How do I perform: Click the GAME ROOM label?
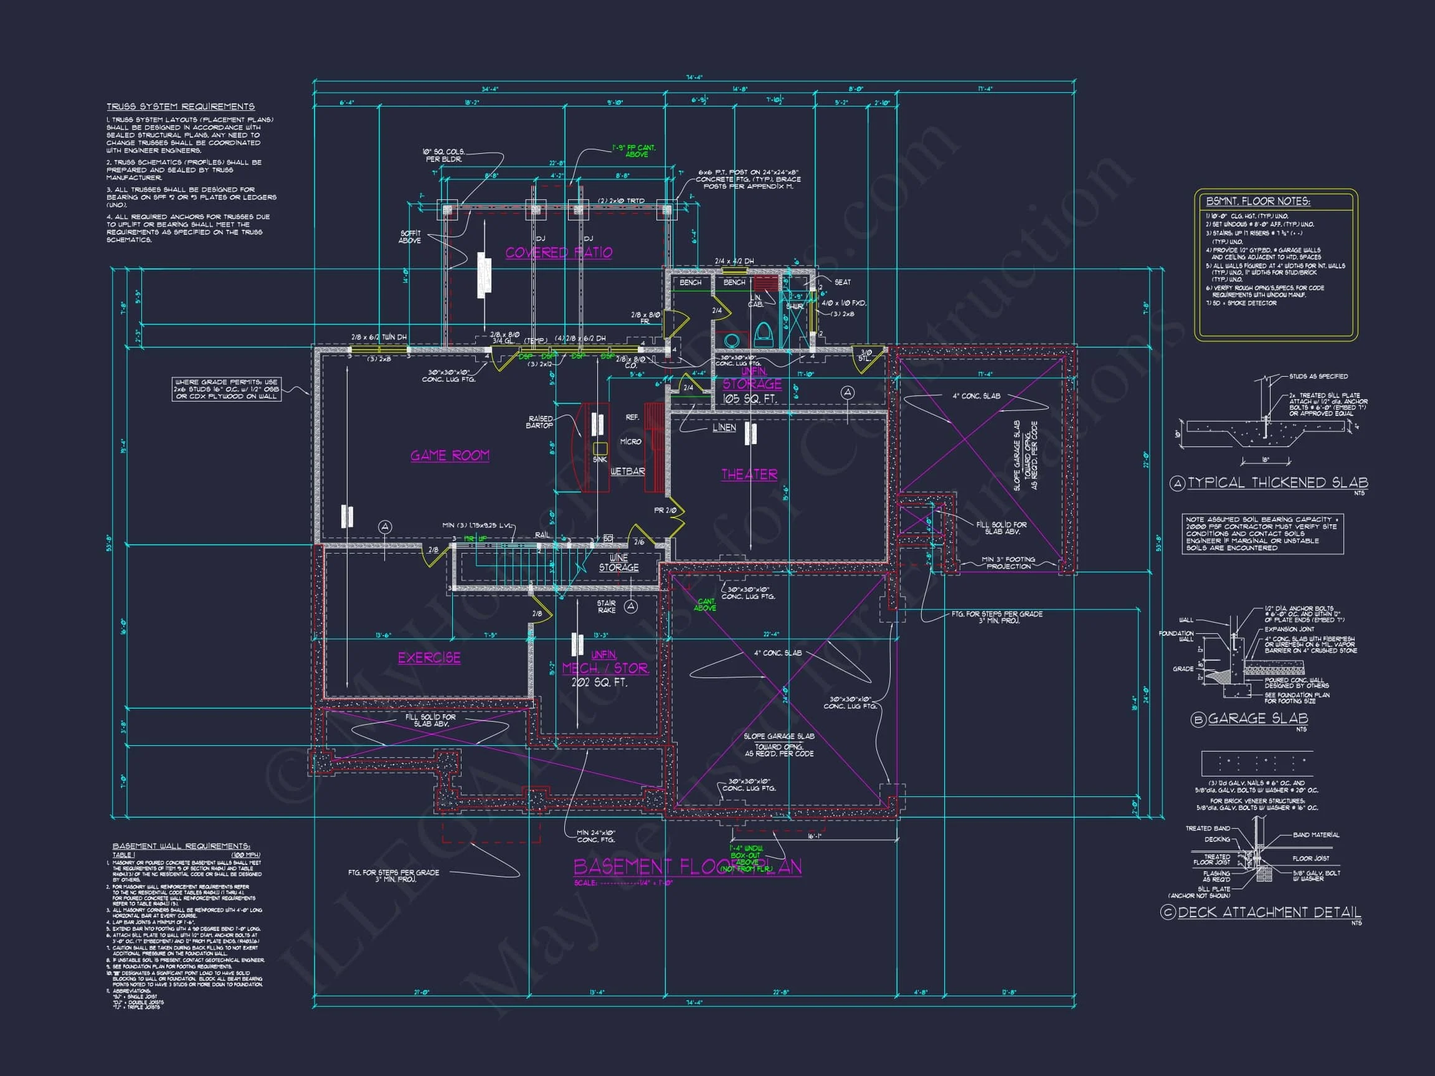point(450,455)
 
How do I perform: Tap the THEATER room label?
point(749,474)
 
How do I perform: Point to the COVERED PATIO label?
point(559,252)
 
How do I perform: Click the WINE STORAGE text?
point(618,562)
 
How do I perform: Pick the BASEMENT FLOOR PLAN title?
point(687,867)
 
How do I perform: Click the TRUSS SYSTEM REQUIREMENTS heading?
point(181,106)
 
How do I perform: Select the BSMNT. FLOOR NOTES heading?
point(1257,201)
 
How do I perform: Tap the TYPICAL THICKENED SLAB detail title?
point(1277,483)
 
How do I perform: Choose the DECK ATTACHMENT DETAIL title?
point(1269,912)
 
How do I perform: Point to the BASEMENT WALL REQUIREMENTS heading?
point(181,846)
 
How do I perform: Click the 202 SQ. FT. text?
point(599,682)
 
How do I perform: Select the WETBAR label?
point(627,471)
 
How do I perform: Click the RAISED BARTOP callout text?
point(540,422)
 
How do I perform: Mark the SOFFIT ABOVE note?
point(409,237)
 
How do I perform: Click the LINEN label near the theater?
point(724,427)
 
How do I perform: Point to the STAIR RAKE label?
point(606,606)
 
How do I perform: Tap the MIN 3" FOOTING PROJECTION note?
point(1008,562)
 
